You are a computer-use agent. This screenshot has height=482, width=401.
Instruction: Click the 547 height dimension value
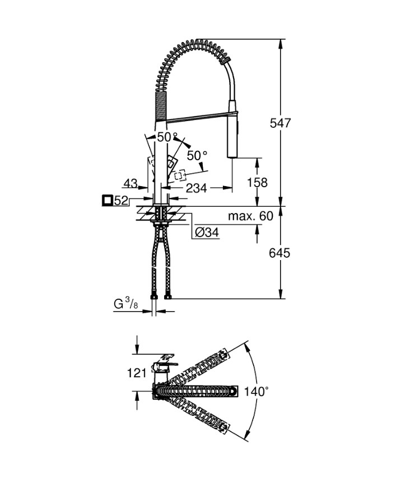[x=280, y=123]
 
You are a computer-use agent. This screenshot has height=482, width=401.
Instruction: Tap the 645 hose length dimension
[x=279, y=253]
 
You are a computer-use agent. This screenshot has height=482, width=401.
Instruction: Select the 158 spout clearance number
[x=258, y=182]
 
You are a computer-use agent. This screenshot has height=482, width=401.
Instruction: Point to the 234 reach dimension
[x=197, y=188]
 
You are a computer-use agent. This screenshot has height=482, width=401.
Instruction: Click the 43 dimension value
[x=130, y=183]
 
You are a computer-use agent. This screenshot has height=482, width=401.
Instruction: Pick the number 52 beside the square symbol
[x=121, y=201]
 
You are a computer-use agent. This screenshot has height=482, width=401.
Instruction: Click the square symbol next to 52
[x=107, y=201]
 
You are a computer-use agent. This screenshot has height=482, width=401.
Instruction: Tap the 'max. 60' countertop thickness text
[x=250, y=216]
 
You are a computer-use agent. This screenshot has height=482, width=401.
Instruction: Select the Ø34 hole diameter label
[x=207, y=233]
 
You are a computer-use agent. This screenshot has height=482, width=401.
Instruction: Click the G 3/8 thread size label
[x=125, y=304]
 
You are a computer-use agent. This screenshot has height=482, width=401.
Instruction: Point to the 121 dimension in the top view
[x=137, y=373]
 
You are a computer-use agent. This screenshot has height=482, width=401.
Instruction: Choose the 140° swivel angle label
[x=257, y=392]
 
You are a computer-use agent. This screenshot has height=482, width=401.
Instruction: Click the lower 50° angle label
[x=197, y=156]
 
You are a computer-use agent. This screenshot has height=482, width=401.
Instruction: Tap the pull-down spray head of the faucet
[x=232, y=128]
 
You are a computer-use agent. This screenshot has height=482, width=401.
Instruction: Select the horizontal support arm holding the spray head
[x=198, y=117]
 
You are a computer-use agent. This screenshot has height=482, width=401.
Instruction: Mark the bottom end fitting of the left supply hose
[x=153, y=297]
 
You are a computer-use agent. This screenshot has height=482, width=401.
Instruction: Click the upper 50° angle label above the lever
[x=167, y=137]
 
